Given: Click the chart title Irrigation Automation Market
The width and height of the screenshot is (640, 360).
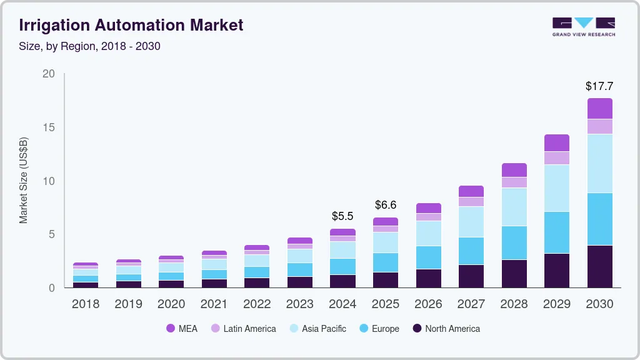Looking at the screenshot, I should (131, 26).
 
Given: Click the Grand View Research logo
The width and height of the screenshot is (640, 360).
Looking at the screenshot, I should (583, 27).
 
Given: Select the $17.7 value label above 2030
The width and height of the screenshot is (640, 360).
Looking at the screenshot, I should (599, 86).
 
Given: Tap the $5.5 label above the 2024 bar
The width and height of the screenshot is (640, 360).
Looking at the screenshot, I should (342, 216).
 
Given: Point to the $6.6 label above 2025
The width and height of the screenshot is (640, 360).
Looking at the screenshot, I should (386, 205).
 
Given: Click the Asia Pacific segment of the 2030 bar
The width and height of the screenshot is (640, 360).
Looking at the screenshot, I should (599, 163).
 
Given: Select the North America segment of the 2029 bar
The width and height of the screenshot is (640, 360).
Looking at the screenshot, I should (556, 270).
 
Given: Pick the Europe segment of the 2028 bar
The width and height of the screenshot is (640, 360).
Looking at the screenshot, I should (514, 242).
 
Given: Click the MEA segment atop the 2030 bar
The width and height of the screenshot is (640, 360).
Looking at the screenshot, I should (599, 108).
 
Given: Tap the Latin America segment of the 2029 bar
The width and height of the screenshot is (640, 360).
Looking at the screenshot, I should (556, 157).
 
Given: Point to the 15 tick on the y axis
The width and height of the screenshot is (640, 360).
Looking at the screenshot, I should (49, 127).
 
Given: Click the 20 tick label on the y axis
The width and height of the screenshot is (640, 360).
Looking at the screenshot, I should (49, 74).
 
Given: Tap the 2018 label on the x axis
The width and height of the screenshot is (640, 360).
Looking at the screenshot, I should (85, 304).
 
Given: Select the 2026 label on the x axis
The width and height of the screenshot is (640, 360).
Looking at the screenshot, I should (428, 304).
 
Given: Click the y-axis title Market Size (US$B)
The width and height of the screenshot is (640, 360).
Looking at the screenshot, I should (24, 181).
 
